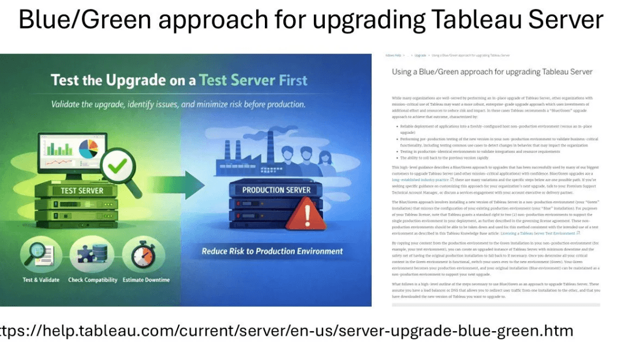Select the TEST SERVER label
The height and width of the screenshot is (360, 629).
[x=82, y=191]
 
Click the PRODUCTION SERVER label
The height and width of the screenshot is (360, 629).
[x=276, y=190]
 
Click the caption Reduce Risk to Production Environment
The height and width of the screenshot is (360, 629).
[x=272, y=252]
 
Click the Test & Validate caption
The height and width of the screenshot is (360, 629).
[x=41, y=280]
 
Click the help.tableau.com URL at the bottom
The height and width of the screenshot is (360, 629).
[x=287, y=331]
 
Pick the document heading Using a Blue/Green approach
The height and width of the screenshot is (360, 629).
[x=492, y=72]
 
